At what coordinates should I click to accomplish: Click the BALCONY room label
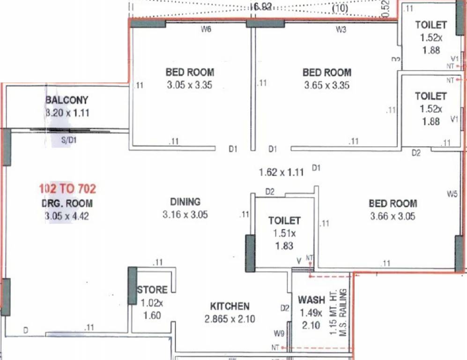pos(67,100)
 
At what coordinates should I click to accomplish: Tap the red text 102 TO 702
pos(67,189)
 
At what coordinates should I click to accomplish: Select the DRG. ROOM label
pos(67,203)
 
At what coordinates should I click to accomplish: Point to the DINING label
pos(185,202)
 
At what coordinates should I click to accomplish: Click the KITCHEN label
pos(230,306)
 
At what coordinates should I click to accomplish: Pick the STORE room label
pos(152,290)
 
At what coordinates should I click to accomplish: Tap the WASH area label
pos(311,300)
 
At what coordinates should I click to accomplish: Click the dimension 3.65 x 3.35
pos(326,85)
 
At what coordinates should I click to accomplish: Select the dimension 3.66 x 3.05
pos(393,217)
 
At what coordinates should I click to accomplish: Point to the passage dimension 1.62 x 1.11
pos(281,172)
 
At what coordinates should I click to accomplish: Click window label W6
pos(206,30)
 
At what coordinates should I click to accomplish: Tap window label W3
pos(341,30)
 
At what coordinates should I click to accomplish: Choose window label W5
pos(452,193)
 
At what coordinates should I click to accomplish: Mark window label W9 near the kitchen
pos(279,334)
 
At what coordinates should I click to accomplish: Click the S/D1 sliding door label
pos(70,140)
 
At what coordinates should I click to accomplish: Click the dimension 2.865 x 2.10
pos(230,320)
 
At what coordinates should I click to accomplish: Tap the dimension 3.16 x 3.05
pos(185,215)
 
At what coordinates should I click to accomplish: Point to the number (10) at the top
pos(340,8)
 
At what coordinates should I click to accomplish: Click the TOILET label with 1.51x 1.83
pos(284,220)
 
